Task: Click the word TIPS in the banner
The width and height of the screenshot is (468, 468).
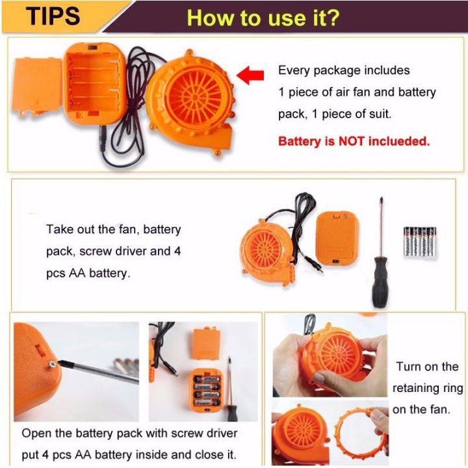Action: [53, 16]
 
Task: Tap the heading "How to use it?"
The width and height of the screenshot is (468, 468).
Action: [263, 18]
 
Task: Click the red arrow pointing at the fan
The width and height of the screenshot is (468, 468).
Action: [250, 75]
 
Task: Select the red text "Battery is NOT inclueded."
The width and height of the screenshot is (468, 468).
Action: [354, 141]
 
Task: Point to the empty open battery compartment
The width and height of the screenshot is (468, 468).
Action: [95, 84]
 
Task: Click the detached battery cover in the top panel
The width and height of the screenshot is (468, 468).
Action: [37, 87]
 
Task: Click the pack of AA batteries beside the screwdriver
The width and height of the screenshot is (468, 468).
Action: [420, 241]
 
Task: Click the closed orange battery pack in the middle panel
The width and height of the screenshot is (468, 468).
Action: [337, 238]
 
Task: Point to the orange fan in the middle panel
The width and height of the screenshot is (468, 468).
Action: [266, 251]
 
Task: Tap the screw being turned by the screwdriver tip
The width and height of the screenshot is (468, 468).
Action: [53, 364]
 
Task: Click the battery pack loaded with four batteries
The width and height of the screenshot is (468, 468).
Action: [207, 390]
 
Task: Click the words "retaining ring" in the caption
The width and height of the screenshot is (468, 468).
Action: [428, 388]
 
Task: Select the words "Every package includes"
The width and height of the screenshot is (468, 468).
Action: [344, 70]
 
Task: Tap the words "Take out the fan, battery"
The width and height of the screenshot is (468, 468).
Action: [113, 229]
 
